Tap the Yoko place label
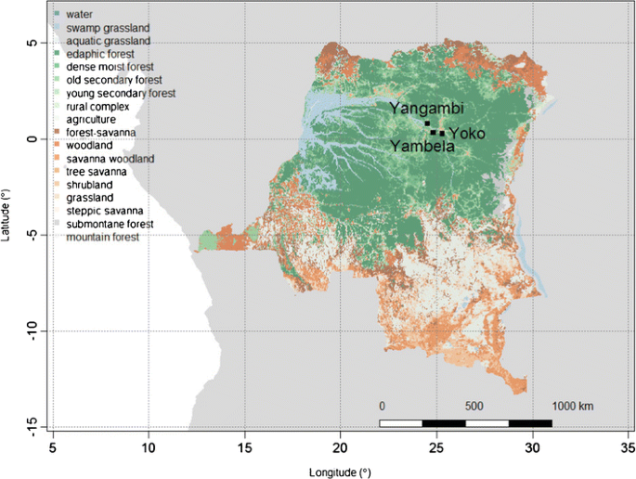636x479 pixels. pos(466,132)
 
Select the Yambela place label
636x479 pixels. pos(422,147)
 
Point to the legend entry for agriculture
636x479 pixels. pos(91,120)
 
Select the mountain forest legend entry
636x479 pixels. pos(102,238)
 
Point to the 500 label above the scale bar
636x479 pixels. pos(474,407)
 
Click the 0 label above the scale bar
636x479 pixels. pos(382,407)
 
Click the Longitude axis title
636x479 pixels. pos(339,469)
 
